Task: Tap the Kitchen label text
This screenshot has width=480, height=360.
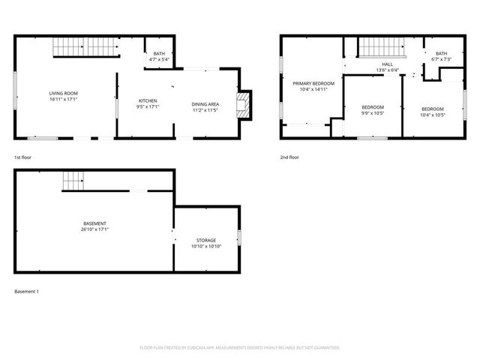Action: click(148, 100)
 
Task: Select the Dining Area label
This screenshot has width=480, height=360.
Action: click(205, 103)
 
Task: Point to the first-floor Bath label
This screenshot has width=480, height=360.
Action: click(159, 53)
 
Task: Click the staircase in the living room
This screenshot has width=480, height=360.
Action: click(86, 49)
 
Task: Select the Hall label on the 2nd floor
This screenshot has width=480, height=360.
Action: click(387, 64)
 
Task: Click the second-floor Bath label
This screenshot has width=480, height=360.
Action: click(441, 53)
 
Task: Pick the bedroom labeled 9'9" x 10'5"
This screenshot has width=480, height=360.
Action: click(373, 107)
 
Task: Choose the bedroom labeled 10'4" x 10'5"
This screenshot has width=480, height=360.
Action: click(432, 109)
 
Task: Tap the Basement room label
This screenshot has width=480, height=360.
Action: click(94, 223)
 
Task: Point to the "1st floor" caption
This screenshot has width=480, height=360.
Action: click(22, 157)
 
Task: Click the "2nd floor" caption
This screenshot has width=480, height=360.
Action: click(289, 157)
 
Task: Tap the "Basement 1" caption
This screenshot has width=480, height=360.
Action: click(26, 291)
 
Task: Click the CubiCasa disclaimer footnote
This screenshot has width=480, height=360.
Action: click(240, 347)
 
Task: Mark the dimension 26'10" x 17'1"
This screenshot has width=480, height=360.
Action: click(94, 229)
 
